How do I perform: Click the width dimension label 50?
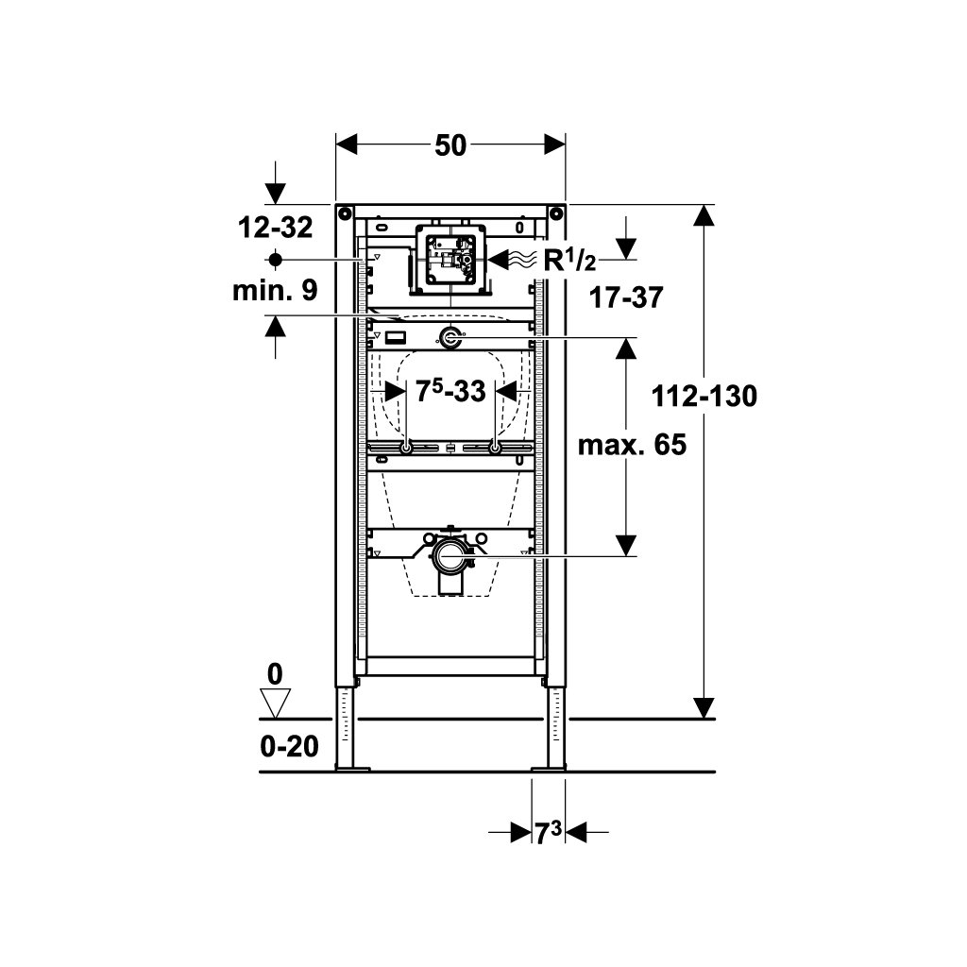(x=450, y=146)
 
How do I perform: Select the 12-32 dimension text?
(x=275, y=228)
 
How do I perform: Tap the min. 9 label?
(x=275, y=290)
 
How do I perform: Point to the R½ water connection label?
(x=569, y=261)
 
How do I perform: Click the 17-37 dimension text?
(x=626, y=297)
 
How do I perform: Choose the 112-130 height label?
(x=704, y=396)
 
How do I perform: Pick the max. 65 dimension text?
(x=632, y=445)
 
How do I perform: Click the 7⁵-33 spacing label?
(x=450, y=390)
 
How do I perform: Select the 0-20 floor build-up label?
(x=289, y=747)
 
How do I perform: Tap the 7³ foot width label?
(x=549, y=834)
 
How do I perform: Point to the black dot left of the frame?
(x=275, y=261)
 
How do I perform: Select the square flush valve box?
(x=450, y=261)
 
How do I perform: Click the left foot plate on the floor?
(x=353, y=769)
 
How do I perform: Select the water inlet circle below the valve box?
(x=450, y=337)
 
